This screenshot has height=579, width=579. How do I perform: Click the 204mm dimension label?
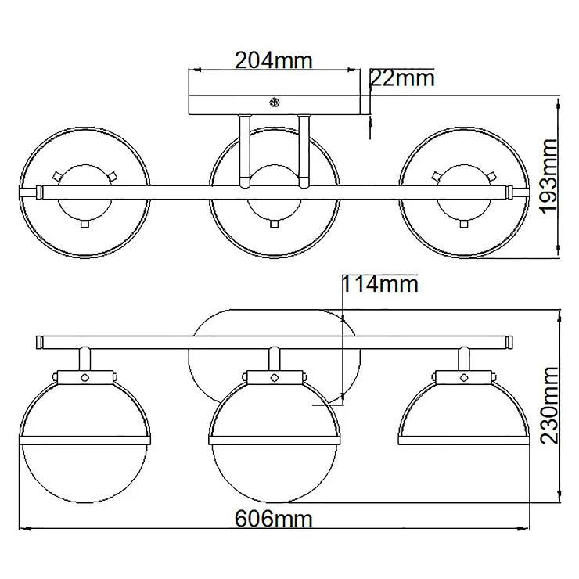pyautogui.click(x=274, y=60)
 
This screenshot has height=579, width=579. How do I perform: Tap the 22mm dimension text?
pyautogui.click(x=402, y=78)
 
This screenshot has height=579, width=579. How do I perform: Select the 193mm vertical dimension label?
pyautogui.click(x=548, y=176)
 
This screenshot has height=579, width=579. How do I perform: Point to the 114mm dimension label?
pyautogui.click(x=380, y=284)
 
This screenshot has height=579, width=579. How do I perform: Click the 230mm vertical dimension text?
pyautogui.click(x=548, y=405)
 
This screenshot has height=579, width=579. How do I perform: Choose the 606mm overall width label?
pyautogui.click(x=274, y=519)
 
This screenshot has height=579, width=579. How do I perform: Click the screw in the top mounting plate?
pyautogui.click(x=275, y=102)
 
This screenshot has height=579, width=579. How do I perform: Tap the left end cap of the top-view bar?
pyautogui.click(x=38, y=192)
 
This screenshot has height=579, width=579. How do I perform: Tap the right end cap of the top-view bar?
pyautogui.click(x=511, y=192)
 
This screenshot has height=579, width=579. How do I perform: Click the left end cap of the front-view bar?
pyautogui.click(x=38, y=342)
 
